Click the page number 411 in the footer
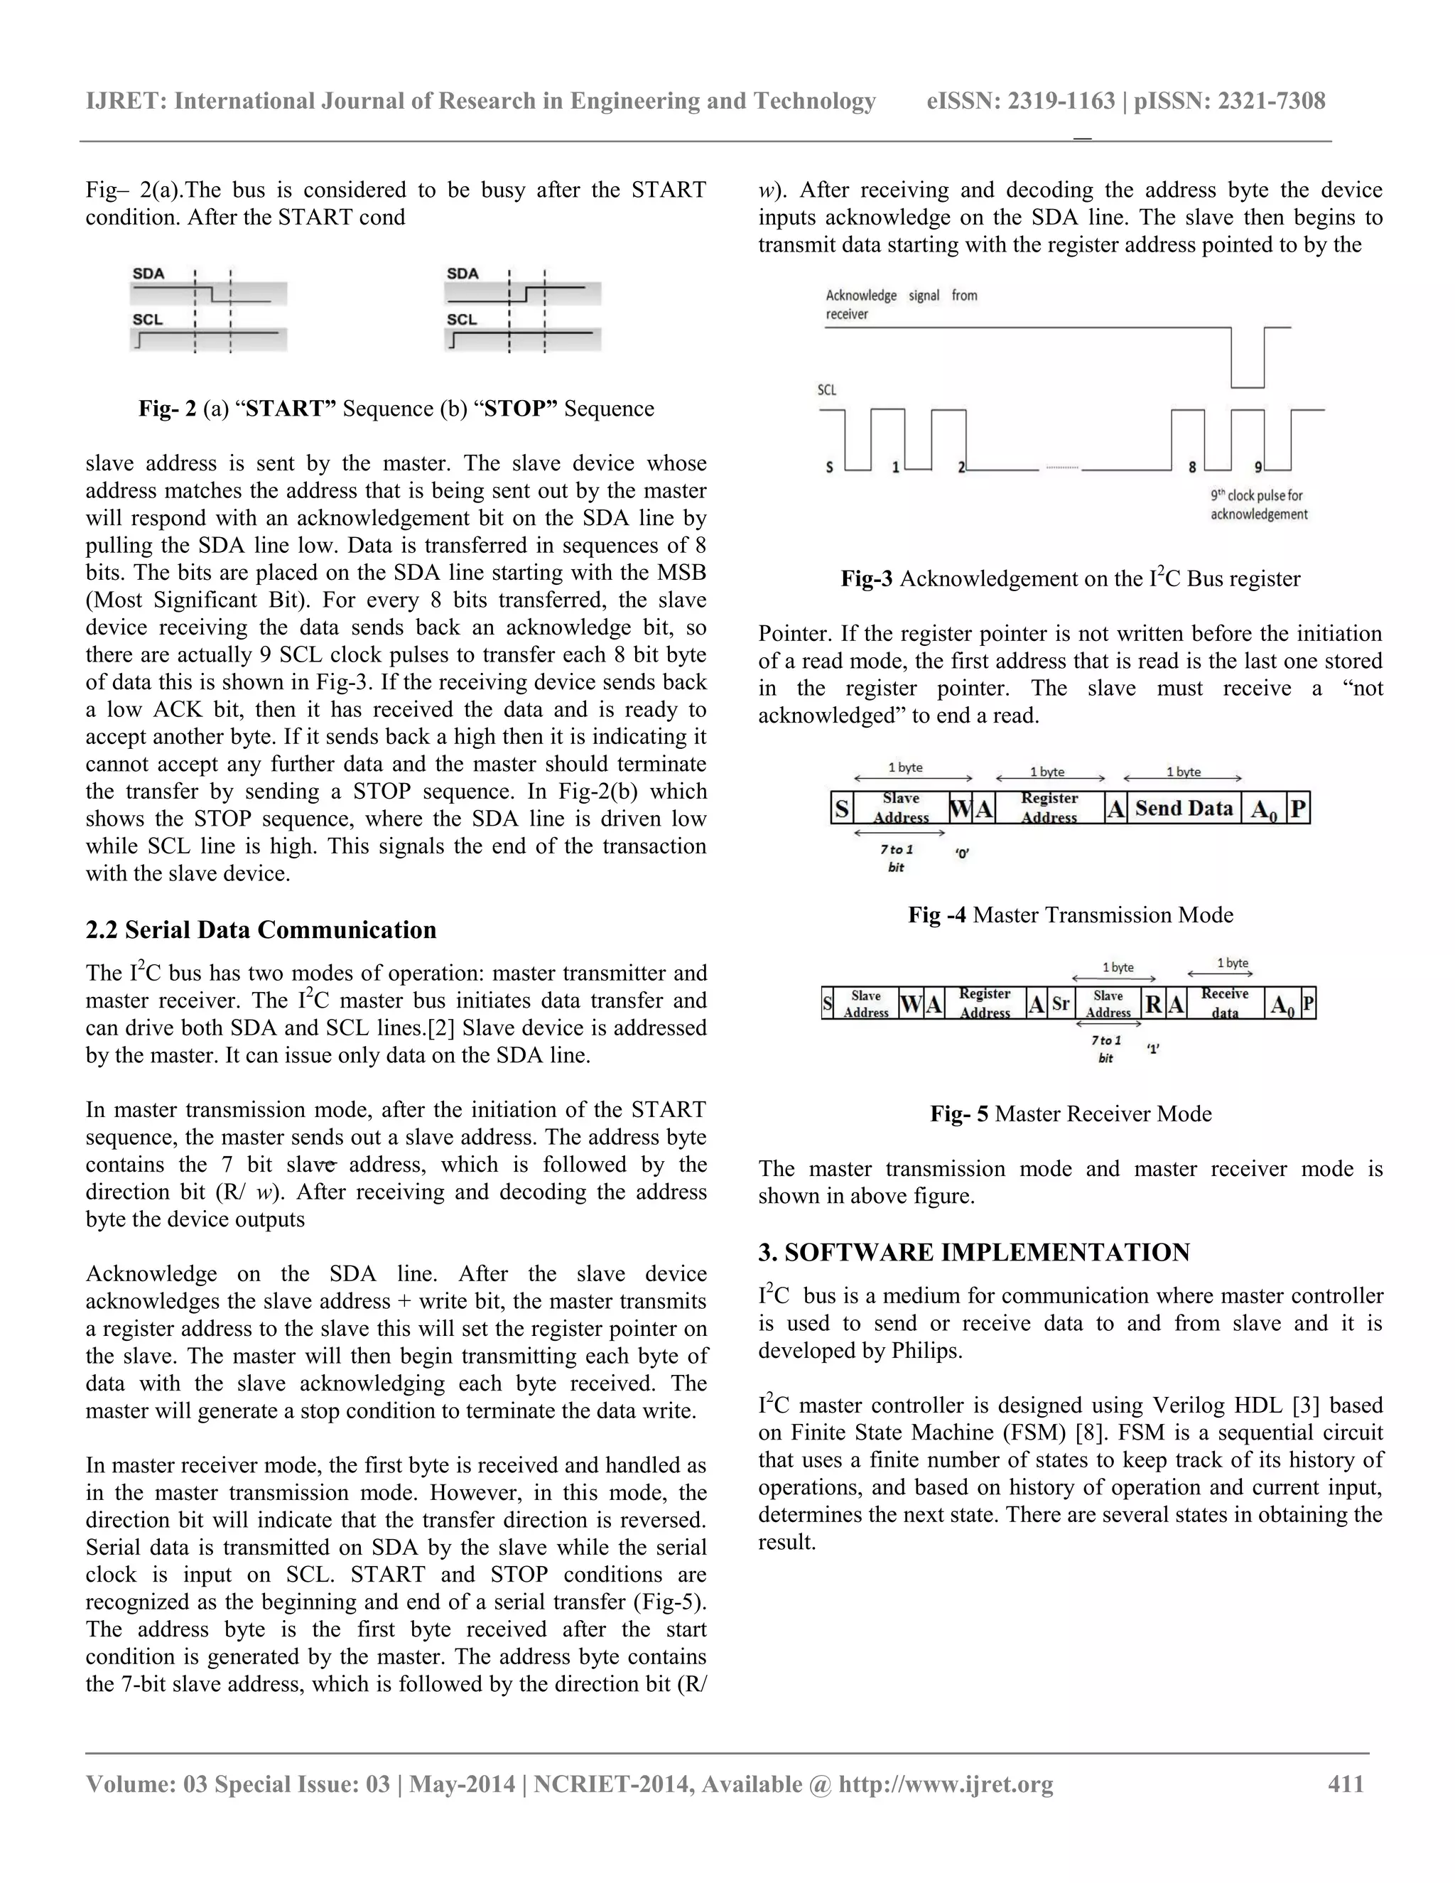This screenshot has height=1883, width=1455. point(1346,1783)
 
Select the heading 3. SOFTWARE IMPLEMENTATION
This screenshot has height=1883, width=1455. point(973,1252)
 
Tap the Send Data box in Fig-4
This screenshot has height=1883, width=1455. point(1184,808)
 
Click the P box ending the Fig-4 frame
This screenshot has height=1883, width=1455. point(1297,809)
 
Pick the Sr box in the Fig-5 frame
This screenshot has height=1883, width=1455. point(1060,1003)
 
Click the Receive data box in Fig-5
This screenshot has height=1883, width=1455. point(1224,1003)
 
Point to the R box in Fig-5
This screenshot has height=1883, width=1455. point(1153,1003)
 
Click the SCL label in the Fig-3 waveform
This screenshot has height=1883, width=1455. point(827,389)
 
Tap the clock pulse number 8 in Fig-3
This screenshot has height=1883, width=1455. point(1192,468)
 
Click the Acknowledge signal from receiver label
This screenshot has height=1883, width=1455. point(901,304)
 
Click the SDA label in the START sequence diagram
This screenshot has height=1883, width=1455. point(148,274)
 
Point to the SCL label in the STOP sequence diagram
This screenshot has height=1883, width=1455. point(461,319)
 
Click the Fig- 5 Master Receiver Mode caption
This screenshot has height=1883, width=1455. point(1071,1114)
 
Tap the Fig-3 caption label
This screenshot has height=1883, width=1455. point(866,578)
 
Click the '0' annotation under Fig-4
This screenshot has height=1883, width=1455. point(961,853)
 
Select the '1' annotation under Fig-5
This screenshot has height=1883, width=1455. point(1152,1050)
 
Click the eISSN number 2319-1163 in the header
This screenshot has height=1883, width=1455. point(1061,101)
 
